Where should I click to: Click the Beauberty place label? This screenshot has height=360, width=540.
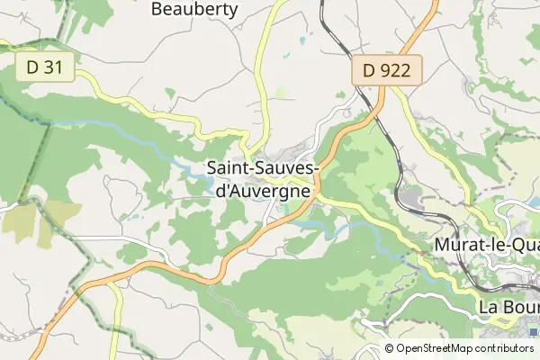(x=194, y=10)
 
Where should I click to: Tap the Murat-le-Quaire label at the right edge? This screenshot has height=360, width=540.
(x=485, y=245)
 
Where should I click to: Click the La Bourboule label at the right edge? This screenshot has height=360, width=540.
(x=508, y=308)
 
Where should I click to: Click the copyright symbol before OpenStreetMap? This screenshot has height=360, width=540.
(x=389, y=348)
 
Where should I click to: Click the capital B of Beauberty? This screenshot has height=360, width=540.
(x=157, y=10)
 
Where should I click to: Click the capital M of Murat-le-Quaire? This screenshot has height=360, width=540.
(x=442, y=245)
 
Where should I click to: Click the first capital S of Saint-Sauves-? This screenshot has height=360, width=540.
(x=212, y=168)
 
